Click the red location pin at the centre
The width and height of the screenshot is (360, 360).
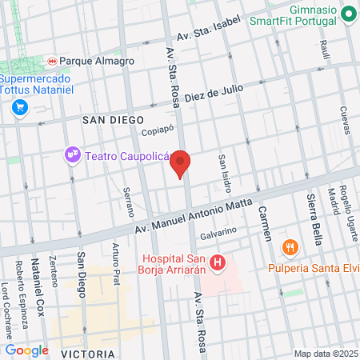[181, 162]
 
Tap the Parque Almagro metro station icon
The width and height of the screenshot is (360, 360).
[53, 60]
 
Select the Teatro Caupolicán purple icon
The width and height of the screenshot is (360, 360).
[72, 154]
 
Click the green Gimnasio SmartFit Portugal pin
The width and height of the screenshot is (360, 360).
[349, 14]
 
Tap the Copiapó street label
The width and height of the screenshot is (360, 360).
[157, 131]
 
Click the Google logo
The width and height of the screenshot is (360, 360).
[26, 350]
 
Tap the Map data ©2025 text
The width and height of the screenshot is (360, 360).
[324, 354]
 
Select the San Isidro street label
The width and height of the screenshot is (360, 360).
[225, 173]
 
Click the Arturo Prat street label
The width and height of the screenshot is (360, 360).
[117, 260]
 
